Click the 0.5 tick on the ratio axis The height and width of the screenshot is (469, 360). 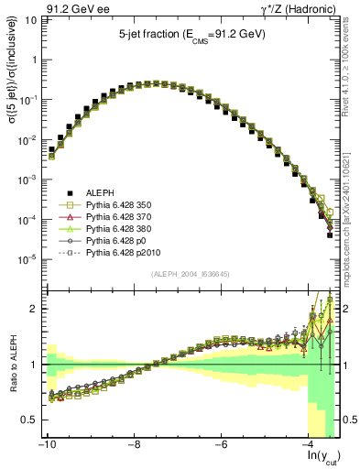[29, 420]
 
